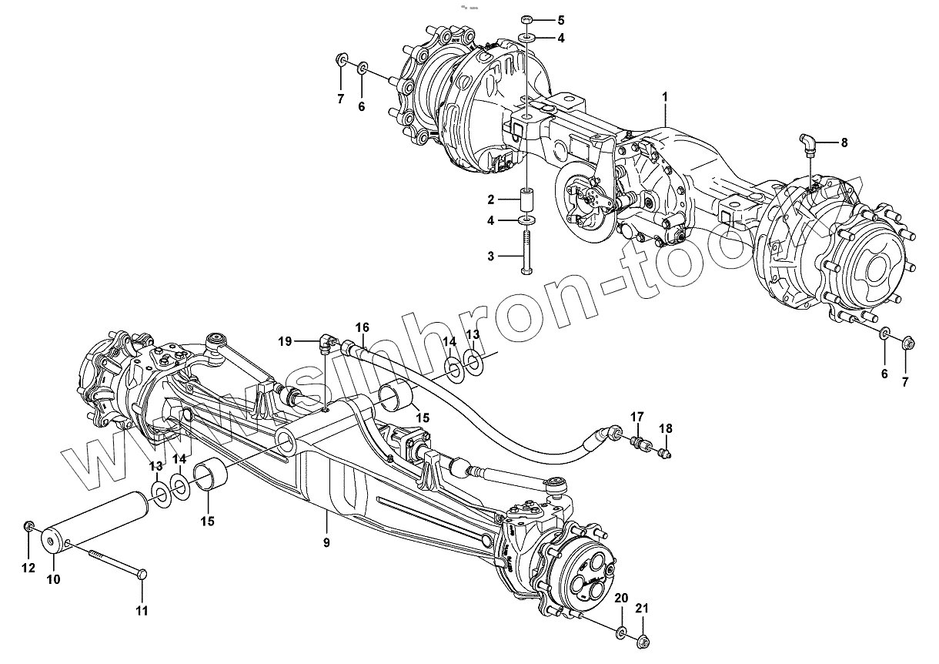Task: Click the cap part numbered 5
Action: [x=527, y=19]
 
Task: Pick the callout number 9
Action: [x=326, y=542]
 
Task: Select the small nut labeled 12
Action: [x=28, y=527]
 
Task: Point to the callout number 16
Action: [x=363, y=326]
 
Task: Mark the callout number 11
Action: [x=142, y=612]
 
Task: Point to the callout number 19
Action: [x=284, y=340]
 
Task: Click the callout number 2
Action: [x=490, y=199]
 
